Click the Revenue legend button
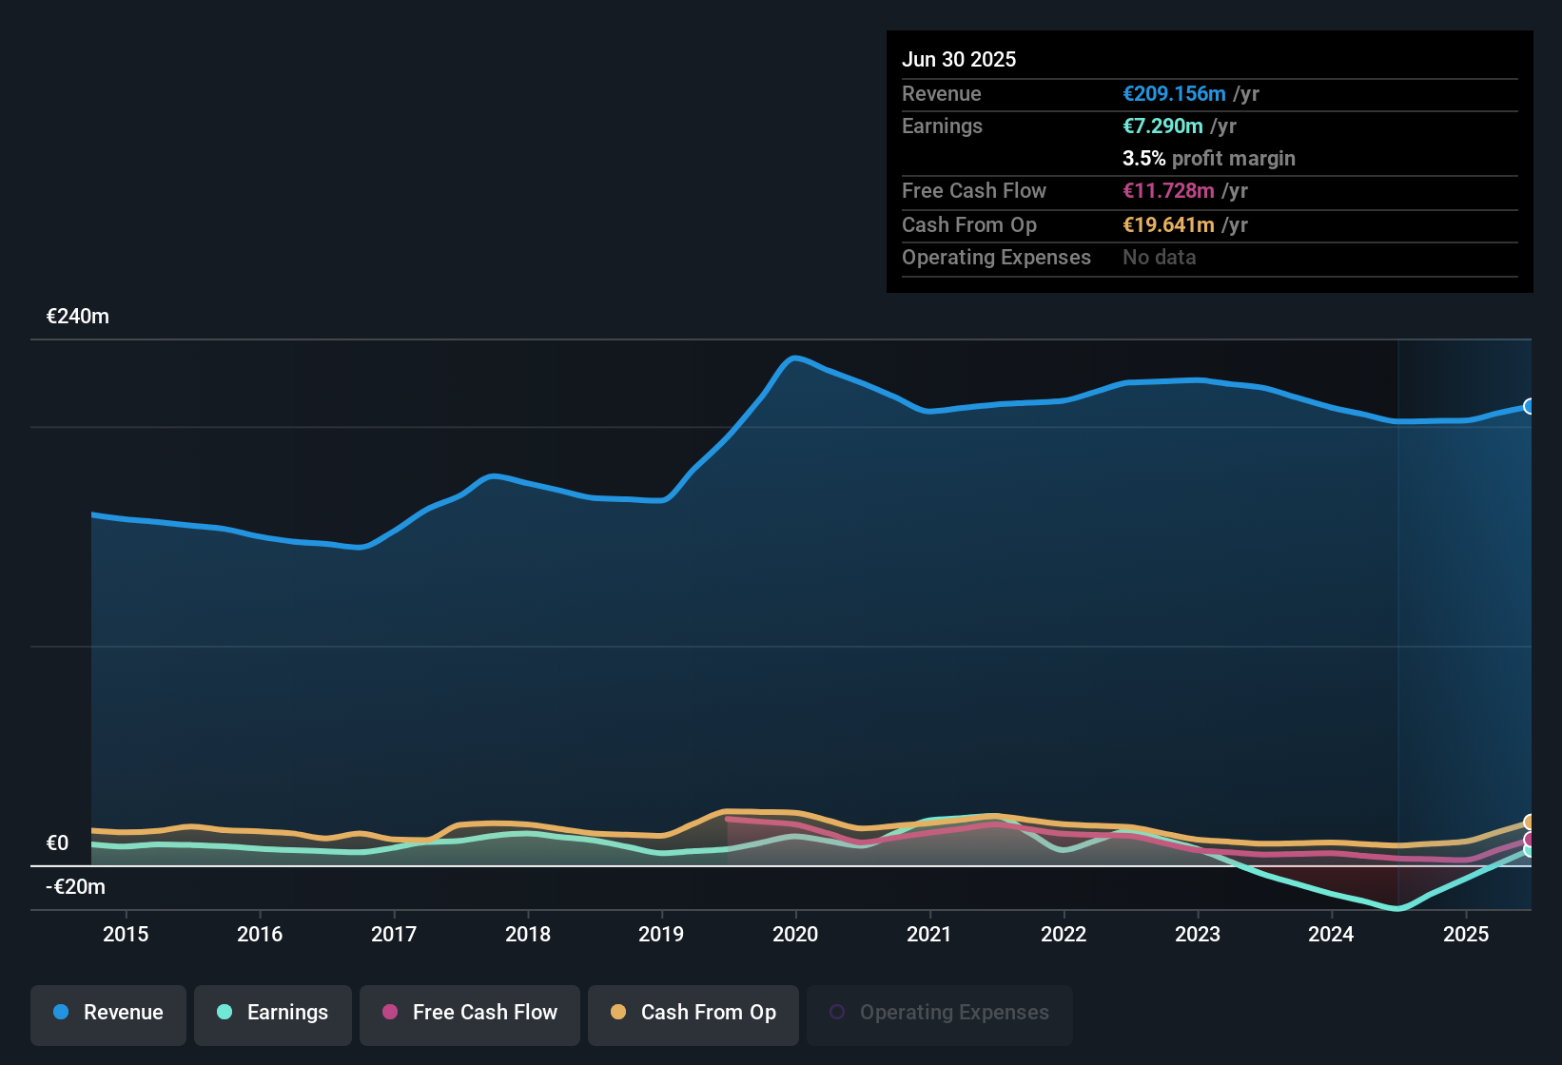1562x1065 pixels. [x=108, y=1013]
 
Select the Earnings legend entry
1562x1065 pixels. [x=273, y=1013]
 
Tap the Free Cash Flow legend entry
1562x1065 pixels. [x=470, y=1013]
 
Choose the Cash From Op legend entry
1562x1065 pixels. [x=693, y=1013]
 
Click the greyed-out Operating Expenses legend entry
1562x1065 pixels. [x=940, y=1013]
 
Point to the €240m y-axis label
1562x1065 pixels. [x=78, y=317]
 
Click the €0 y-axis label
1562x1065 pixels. [x=58, y=843]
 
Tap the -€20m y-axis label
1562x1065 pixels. [x=76, y=887]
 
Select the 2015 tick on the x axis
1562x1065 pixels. [x=126, y=935]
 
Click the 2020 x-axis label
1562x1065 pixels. [x=795, y=935]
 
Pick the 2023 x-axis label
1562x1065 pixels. [x=1198, y=935]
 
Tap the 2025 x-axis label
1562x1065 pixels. [x=1466, y=935]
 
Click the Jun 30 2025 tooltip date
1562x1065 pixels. [x=959, y=60]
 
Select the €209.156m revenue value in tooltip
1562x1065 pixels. [x=1174, y=94]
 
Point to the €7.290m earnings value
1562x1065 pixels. [x=1162, y=126]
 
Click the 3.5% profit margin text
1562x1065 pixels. [x=1208, y=159]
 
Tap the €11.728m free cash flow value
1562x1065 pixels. [x=1168, y=191]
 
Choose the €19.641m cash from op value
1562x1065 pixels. [x=1168, y=225]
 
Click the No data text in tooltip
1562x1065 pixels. [x=1159, y=258]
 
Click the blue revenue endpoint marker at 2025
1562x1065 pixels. [x=1529, y=407]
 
